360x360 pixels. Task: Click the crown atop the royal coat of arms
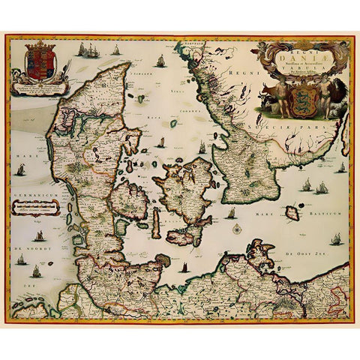36,46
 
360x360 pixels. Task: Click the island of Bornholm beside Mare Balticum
292,213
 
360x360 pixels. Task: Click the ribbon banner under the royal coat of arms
36,88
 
